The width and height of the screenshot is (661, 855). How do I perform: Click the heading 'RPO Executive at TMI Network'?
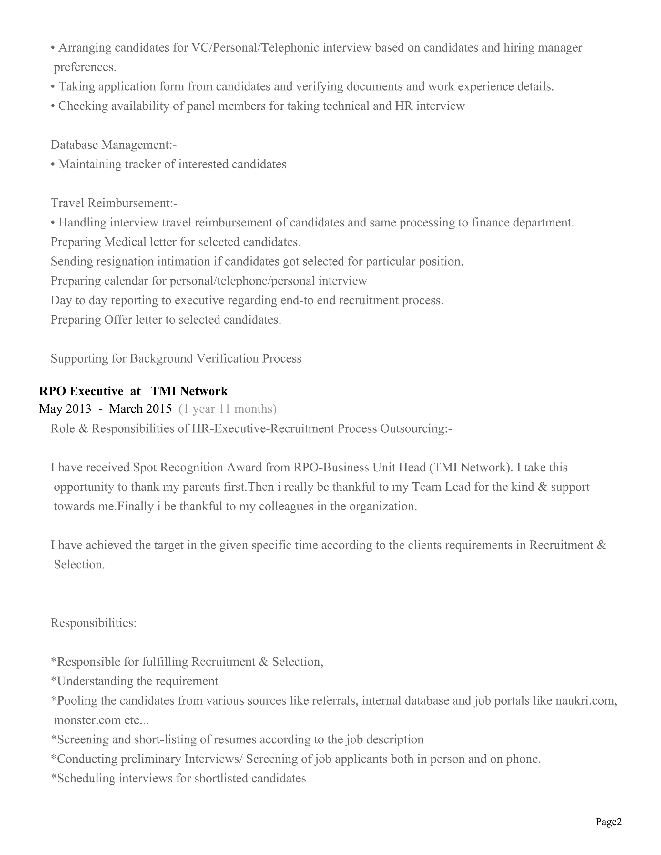pos(133,391)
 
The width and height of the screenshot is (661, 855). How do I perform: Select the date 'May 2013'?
pos(65,409)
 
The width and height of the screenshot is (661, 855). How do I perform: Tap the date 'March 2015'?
pos(140,409)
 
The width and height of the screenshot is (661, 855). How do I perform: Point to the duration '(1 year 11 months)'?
pos(228,409)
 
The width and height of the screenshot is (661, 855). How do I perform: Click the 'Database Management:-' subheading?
pos(114,145)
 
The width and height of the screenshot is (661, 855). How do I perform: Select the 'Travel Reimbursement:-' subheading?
pos(114,203)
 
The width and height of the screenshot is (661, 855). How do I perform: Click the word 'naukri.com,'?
pos(586,700)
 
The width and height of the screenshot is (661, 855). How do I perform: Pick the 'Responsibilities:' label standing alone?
pos(94,623)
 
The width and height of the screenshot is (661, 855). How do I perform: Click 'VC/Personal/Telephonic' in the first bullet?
pos(250,48)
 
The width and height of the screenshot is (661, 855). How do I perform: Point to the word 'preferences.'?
pos(85,67)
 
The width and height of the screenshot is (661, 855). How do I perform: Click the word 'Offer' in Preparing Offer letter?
pos(118,320)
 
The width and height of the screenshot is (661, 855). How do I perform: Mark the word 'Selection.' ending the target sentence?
pos(79,565)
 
